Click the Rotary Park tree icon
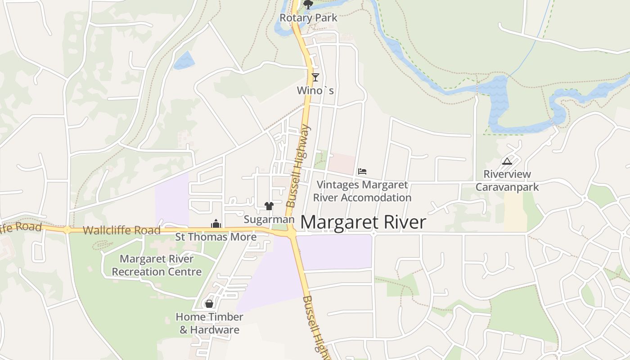308,5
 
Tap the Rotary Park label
308,18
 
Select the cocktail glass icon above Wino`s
315,77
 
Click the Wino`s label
315,90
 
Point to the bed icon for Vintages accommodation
362,171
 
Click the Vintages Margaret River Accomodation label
362,191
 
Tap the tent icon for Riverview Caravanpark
507,161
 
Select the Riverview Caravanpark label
507,180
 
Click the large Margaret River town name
363,222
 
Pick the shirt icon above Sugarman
269,206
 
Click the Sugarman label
269,219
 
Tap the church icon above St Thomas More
216,224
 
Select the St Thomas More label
216,237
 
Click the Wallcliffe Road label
122,230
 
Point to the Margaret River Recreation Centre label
157,265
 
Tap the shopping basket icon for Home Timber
209,304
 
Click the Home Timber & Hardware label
209,323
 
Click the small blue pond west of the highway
184,60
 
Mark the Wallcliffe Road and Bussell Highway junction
292,233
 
